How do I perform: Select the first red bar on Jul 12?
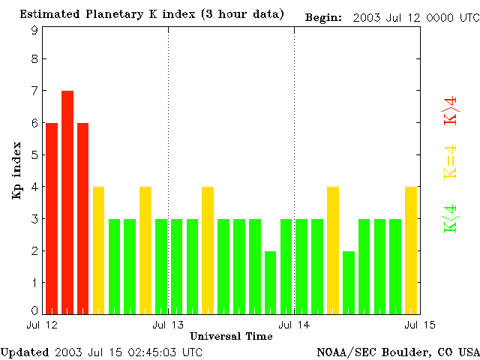point(52,217)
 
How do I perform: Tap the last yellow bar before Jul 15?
point(411,250)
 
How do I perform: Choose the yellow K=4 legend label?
point(451,162)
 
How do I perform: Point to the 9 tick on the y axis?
point(34,30)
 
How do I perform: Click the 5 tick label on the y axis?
point(34,155)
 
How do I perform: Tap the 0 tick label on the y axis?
point(34,310)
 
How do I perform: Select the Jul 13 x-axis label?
point(168,325)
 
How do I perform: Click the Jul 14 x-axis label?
point(294,325)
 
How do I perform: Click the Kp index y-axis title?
point(16,171)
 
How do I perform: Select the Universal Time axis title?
point(231,336)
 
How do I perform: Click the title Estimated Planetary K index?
point(151,14)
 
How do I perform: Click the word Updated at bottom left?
point(25,351)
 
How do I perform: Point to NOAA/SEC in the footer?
point(341,351)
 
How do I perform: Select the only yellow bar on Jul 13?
point(208,250)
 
